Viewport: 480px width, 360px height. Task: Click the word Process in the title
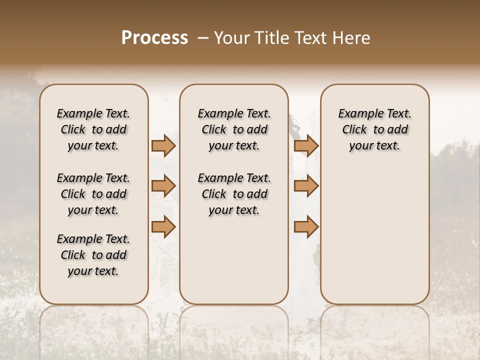tap(154, 38)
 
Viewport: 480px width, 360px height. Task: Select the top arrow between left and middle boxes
tap(163, 145)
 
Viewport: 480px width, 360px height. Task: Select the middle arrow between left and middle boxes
tap(163, 186)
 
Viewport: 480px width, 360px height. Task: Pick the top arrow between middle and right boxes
tap(306, 145)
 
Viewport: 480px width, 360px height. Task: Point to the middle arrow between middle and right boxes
tap(306, 186)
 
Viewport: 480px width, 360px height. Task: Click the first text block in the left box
tap(93, 129)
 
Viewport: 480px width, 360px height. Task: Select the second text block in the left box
tap(93, 194)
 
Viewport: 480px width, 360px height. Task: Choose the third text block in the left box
tap(93, 255)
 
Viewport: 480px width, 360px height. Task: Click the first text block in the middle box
tap(234, 129)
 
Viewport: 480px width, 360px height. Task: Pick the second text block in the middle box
tap(234, 194)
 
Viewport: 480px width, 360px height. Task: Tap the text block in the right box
tap(375, 129)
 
